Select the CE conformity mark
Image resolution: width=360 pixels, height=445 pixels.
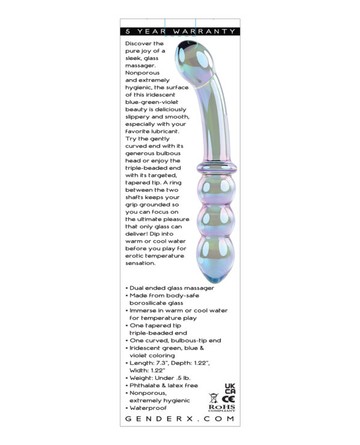pos(229,397)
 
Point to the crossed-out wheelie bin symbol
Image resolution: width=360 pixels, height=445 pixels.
pos(213,397)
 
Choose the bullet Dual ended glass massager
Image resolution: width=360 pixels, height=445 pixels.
pos(163,288)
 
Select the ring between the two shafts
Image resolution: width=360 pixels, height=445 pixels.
pos(215,167)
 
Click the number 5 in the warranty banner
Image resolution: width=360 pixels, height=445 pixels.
pos(128,31)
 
